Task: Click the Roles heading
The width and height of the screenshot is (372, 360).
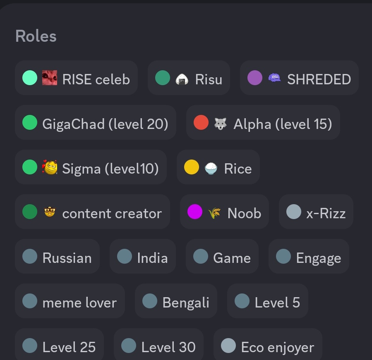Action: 36,36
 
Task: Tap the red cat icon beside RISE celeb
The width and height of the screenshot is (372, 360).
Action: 50,78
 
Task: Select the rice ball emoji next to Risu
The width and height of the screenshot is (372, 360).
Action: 182,79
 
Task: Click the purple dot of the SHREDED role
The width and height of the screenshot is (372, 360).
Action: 254,78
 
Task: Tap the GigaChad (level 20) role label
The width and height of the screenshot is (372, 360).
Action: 105,124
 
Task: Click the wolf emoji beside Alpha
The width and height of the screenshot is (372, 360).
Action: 221,124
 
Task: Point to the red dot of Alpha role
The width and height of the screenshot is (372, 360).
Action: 201,122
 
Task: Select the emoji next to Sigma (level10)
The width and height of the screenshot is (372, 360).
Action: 50,167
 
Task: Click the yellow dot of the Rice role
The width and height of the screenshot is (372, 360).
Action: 191,167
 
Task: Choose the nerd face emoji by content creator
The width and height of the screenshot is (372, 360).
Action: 50,212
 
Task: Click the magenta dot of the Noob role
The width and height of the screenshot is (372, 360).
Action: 195,212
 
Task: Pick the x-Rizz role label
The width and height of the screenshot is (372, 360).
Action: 326,213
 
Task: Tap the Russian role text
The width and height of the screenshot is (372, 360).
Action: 67,258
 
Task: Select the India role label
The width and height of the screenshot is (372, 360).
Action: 152,258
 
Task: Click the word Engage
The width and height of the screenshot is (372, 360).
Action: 319,258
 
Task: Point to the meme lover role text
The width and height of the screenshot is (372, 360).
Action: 79,303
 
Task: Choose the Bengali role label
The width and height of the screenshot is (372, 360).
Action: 186,303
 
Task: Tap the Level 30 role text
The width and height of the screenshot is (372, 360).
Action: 168,347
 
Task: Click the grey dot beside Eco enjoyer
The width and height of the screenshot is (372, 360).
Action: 228,346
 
